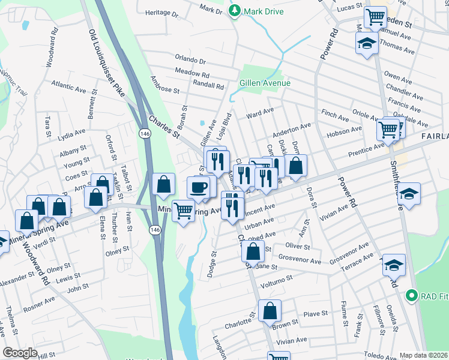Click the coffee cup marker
199,188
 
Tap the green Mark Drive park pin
234,11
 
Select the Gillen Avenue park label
265,83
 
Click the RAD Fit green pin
411,295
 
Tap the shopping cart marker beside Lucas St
376,18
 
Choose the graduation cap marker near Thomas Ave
366,44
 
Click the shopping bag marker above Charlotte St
270,311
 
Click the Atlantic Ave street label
68,88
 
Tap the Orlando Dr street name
190,61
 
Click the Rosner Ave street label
40,303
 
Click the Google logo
20,353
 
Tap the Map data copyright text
423,355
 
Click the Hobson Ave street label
344,130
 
